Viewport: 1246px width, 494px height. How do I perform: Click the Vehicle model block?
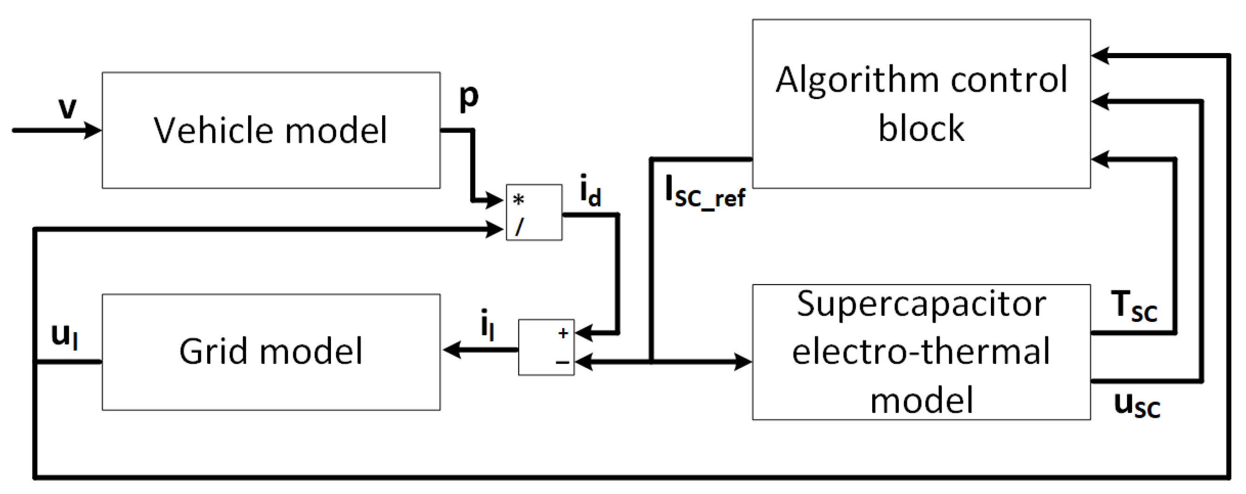[x=271, y=131]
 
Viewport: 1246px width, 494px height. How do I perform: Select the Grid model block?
[x=271, y=352]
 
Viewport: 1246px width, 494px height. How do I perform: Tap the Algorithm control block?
[x=921, y=104]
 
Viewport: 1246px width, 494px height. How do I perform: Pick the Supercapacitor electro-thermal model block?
[x=921, y=352]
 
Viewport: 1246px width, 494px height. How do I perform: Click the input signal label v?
[x=67, y=107]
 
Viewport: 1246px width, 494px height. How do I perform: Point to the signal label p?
[x=468, y=97]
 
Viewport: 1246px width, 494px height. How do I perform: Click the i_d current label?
[x=590, y=191]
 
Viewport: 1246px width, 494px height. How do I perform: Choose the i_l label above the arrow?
[x=487, y=324]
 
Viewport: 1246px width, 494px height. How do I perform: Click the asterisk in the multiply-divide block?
[x=519, y=200]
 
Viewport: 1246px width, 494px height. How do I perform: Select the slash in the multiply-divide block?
[x=519, y=227]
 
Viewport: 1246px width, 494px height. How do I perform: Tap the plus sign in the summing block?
[x=563, y=333]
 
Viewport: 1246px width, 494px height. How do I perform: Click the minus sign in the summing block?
[x=562, y=361]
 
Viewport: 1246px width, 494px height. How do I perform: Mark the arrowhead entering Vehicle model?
[x=93, y=130]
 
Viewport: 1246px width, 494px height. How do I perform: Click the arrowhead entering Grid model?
[x=451, y=349]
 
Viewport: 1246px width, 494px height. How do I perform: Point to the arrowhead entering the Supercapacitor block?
[x=742, y=361]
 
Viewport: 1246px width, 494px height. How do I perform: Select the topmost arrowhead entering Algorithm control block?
[x=1101, y=56]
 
